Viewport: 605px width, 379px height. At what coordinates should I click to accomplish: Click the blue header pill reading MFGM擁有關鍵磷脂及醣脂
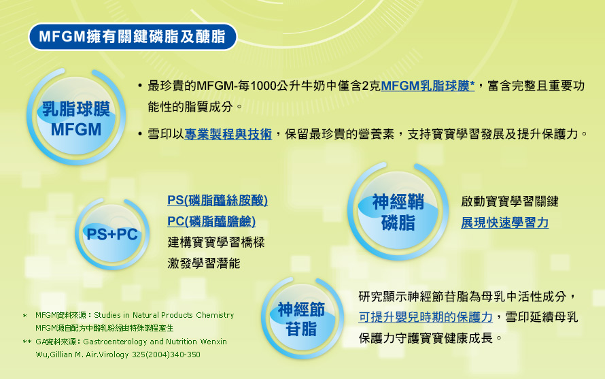tap(133, 37)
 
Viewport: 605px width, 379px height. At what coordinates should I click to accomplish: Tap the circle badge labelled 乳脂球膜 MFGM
tap(76, 116)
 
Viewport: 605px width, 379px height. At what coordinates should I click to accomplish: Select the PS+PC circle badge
tap(112, 234)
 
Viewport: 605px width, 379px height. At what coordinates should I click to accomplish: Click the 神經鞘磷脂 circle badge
tap(398, 211)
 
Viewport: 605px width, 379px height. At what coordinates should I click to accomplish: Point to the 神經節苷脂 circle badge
tap(302, 318)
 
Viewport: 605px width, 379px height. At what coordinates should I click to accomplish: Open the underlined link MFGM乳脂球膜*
tap(428, 86)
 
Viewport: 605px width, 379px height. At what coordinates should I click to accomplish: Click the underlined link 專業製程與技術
tap(228, 134)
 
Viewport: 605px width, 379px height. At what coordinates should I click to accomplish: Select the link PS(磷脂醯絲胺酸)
tap(218, 200)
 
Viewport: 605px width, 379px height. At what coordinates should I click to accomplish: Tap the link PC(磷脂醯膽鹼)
tap(211, 221)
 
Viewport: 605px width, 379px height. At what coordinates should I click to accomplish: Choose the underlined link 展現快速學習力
tap(504, 223)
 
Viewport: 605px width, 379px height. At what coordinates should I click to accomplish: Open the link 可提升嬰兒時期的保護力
tap(426, 317)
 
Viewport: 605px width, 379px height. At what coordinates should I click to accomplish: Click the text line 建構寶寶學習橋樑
tap(216, 243)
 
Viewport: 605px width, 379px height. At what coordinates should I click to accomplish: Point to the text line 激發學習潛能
tap(204, 263)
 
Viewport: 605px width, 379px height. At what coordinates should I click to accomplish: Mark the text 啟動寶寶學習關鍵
tap(510, 201)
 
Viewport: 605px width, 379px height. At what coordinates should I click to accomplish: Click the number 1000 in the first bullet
tap(264, 86)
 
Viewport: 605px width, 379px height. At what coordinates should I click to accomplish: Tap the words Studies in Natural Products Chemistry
tap(164, 315)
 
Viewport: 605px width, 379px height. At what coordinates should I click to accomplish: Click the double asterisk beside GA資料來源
tap(27, 342)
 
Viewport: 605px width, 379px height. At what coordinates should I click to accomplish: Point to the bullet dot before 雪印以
tap(140, 134)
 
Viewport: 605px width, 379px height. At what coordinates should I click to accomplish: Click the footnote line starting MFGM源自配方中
tap(105, 329)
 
